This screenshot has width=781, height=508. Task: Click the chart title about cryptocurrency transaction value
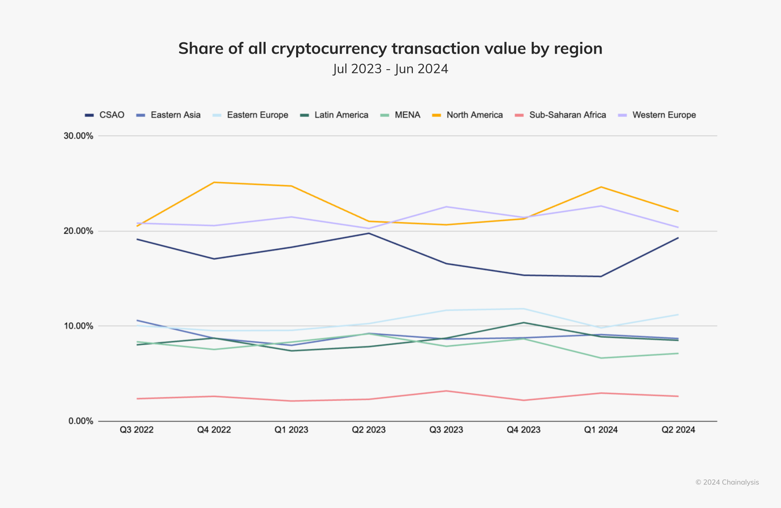(390, 48)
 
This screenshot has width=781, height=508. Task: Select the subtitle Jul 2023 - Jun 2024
(390, 69)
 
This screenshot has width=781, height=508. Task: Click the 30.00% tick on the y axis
(79, 136)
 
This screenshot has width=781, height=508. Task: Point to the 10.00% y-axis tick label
(79, 326)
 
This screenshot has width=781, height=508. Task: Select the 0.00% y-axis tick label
(81, 421)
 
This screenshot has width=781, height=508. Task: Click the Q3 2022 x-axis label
(137, 430)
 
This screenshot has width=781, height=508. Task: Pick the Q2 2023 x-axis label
(369, 430)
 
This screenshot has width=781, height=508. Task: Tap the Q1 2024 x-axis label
(601, 430)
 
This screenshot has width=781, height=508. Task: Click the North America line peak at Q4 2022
(214, 182)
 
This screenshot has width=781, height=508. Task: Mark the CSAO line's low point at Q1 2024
(601, 276)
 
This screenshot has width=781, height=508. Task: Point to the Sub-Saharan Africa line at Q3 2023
(446, 391)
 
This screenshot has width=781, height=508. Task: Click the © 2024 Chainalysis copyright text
(727, 482)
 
